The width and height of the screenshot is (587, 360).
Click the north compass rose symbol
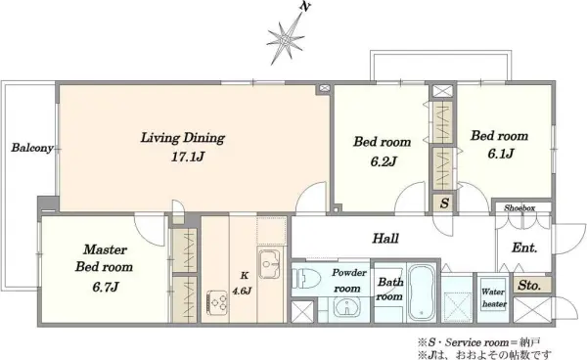pos(287,38)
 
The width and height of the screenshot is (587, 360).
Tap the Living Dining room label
pos(183,138)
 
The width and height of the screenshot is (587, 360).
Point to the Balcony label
pos(32,148)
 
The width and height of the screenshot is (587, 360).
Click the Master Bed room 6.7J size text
pos(106,287)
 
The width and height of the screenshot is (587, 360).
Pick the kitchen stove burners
pos(217,302)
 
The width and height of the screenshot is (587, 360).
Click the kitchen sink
pos(269,264)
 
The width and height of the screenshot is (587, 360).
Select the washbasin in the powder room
pos(347,308)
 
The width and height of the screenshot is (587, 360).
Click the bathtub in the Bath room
pos(421,292)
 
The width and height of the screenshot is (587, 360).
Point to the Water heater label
pos(494,297)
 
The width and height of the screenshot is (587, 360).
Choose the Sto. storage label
pos(529,286)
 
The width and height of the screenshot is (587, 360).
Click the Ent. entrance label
pos(524,247)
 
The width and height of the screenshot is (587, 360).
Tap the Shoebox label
pos(519,207)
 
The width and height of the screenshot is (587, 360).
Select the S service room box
pos(444,203)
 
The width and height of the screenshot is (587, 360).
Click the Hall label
pos(385,239)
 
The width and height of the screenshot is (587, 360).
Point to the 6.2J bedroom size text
pos(384,161)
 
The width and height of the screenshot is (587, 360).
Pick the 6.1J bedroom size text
pos(501,154)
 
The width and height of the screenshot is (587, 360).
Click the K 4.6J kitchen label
pos(243,284)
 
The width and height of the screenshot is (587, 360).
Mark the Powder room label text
pos(348,281)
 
